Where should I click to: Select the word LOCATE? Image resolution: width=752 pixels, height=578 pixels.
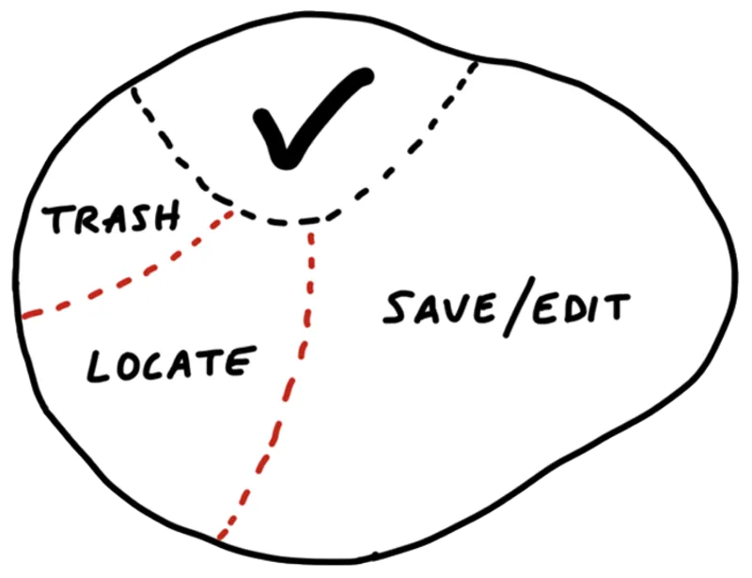click(x=170, y=363)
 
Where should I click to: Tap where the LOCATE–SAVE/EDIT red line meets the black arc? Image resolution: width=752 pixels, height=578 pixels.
click(x=310, y=224)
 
